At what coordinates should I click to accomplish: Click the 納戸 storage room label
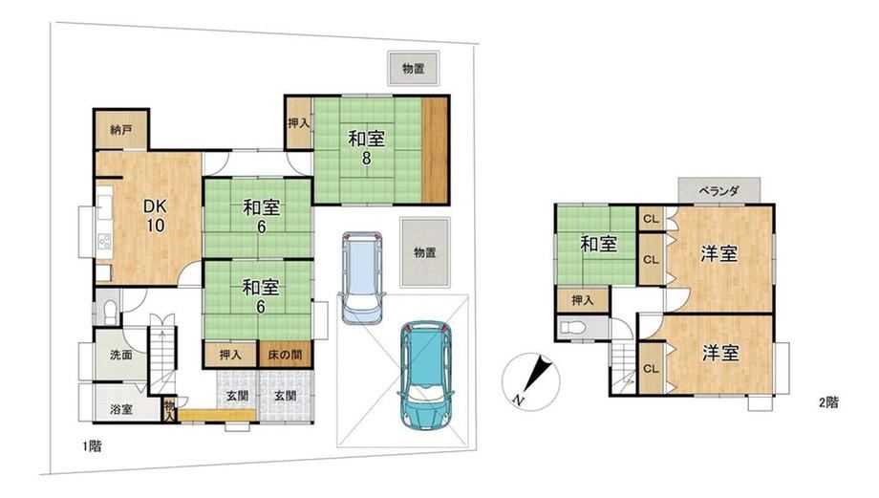[121, 130]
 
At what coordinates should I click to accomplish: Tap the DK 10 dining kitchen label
[156, 215]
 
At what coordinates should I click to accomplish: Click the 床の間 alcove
[286, 354]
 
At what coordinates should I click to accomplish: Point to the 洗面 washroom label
[121, 355]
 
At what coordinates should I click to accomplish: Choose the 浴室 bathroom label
[121, 409]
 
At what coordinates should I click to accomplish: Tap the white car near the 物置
[363, 277]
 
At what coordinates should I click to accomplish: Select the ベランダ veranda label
[719, 191]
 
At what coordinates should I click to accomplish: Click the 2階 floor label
[828, 402]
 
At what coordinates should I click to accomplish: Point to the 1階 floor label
[92, 446]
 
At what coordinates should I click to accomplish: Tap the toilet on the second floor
[571, 328]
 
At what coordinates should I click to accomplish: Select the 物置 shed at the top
[413, 69]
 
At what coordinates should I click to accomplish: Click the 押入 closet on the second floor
[583, 300]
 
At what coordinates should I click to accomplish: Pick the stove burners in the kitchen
[105, 241]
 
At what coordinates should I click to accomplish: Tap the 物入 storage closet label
[170, 410]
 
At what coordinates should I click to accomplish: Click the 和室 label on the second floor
[599, 245]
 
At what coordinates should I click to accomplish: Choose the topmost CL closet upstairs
[651, 219]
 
